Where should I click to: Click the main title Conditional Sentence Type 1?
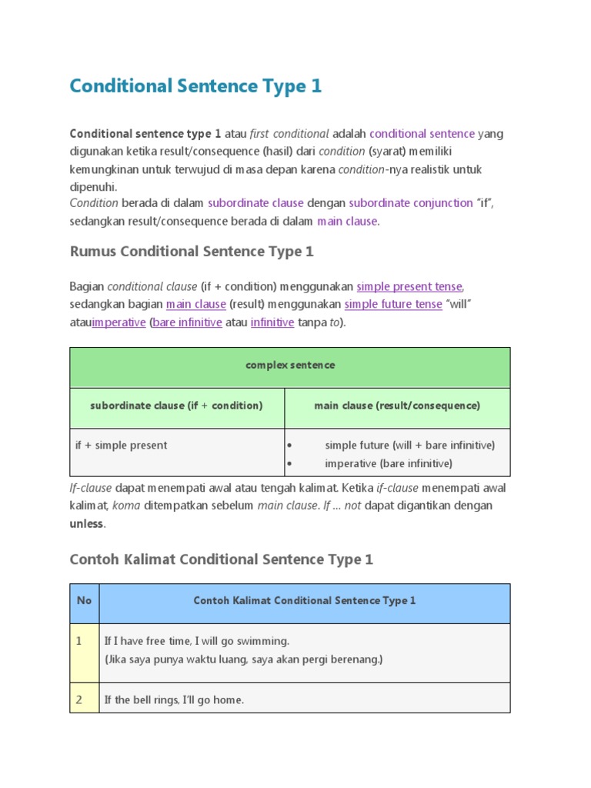click(x=195, y=86)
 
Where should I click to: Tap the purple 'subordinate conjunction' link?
click(x=410, y=203)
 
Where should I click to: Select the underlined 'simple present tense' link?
click(x=409, y=286)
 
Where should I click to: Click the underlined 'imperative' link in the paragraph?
click(x=119, y=322)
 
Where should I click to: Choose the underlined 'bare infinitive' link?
click(x=188, y=322)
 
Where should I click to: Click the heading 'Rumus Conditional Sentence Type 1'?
click(x=192, y=252)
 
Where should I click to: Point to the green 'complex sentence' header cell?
click(x=290, y=366)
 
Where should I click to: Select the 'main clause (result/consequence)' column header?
click(x=397, y=406)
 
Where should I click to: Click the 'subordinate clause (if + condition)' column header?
click(x=176, y=406)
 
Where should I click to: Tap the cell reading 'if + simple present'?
click(x=121, y=445)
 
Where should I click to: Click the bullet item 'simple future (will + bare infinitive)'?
click(x=409, y=445)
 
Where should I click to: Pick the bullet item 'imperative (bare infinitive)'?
click(x=389, y=463)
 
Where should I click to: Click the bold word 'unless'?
click(x=87, y=524)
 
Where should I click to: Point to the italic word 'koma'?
click(x=125, y=506)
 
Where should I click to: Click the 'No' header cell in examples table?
click(x=84, y=600)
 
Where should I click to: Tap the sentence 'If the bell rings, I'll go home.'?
click(x=174, y=700)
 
